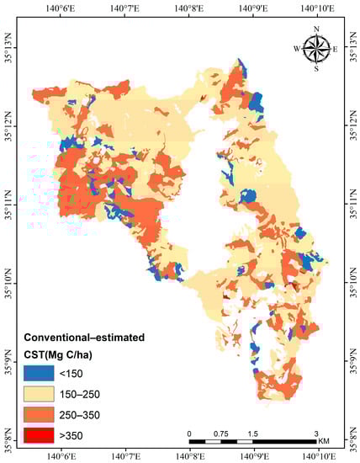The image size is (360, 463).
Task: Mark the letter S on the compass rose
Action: click(316, 69)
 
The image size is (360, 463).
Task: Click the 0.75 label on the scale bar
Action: click(220, 433)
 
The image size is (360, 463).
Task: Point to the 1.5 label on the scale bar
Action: click(252, 433)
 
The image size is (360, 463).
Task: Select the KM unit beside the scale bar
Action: click(323, 441)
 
